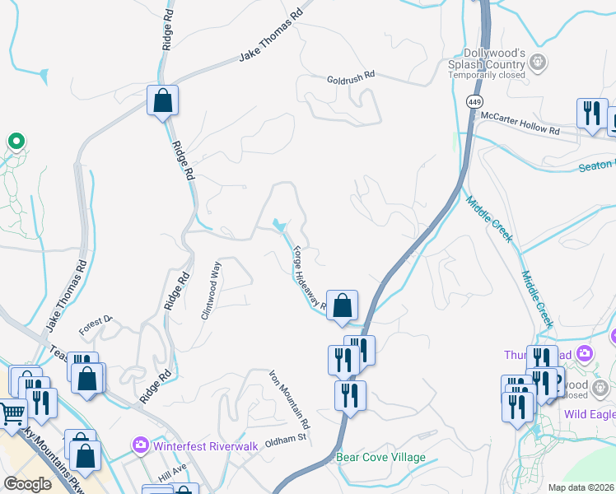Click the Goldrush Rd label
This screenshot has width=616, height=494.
351,74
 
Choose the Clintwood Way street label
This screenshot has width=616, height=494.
212,290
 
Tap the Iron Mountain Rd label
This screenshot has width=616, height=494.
290,399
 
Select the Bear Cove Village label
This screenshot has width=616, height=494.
380,457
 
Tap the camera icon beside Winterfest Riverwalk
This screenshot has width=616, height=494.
140,445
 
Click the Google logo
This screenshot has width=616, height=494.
27,484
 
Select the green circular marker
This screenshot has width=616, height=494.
15,142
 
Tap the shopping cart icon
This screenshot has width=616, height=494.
12,414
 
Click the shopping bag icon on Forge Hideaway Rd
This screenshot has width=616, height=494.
342,305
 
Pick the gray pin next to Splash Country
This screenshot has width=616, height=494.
539,61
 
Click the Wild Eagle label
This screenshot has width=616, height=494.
590,414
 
